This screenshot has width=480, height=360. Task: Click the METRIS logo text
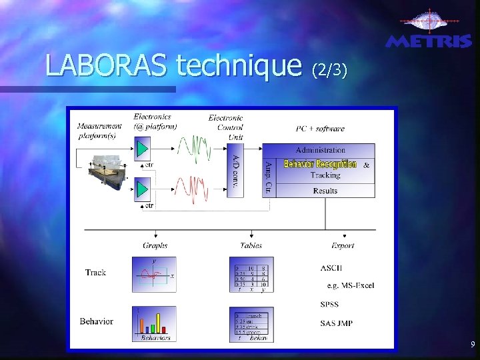[x=428, y=41]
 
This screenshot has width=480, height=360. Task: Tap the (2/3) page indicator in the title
[x=329, y=69]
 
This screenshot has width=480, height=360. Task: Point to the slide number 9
[x=472, y=345]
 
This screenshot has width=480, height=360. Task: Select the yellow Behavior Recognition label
[x=320, y=164]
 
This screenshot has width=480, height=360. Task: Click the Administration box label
[x=321, y=150]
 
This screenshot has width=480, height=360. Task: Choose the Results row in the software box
[x=325, y=191]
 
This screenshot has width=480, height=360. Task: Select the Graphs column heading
[x=155, y=245]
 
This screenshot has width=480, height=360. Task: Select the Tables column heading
[x=251, y=245]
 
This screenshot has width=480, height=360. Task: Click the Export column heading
[x=343, y=245]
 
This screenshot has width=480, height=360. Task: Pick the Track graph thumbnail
[x=154, y=274]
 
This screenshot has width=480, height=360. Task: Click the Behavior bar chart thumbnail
[x=154, y=323]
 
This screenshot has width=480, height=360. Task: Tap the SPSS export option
[x=329, y=305]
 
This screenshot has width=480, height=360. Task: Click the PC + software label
[x=321, y=129]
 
